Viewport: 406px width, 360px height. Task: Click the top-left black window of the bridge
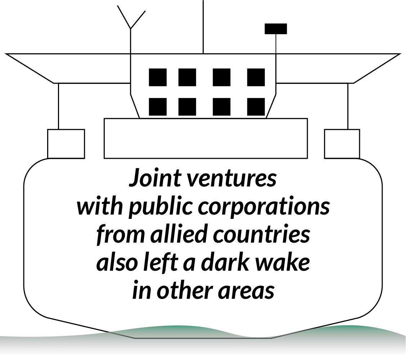click(x=158, y=77)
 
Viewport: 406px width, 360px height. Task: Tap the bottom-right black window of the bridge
click(x=256, y=107)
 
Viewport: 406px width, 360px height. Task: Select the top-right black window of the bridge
click(x=256, y=77)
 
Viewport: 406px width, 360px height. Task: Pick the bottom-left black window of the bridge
click(x=158, y=107)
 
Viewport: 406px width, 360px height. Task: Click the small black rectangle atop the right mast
click(x=276, y=29)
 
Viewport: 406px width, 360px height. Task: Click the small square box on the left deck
click(x=66, y=144)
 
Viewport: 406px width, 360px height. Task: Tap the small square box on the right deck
click(x=342, y=144)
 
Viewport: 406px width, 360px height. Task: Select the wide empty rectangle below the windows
click(x=206, y=138)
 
